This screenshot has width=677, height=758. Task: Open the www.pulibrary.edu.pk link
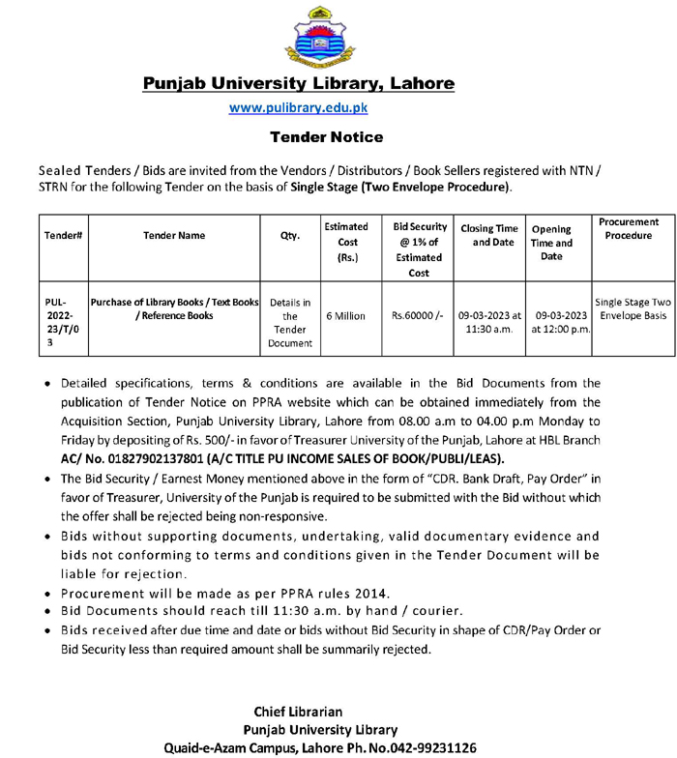coord(298,109)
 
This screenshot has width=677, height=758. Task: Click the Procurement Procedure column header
coord(629,229)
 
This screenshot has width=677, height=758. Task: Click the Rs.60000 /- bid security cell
coord(418,315)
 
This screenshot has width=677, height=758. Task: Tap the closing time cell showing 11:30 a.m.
coord(490,322)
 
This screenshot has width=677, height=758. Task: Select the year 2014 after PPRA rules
coord(368,592)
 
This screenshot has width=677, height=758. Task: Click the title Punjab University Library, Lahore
coord(298,83)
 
